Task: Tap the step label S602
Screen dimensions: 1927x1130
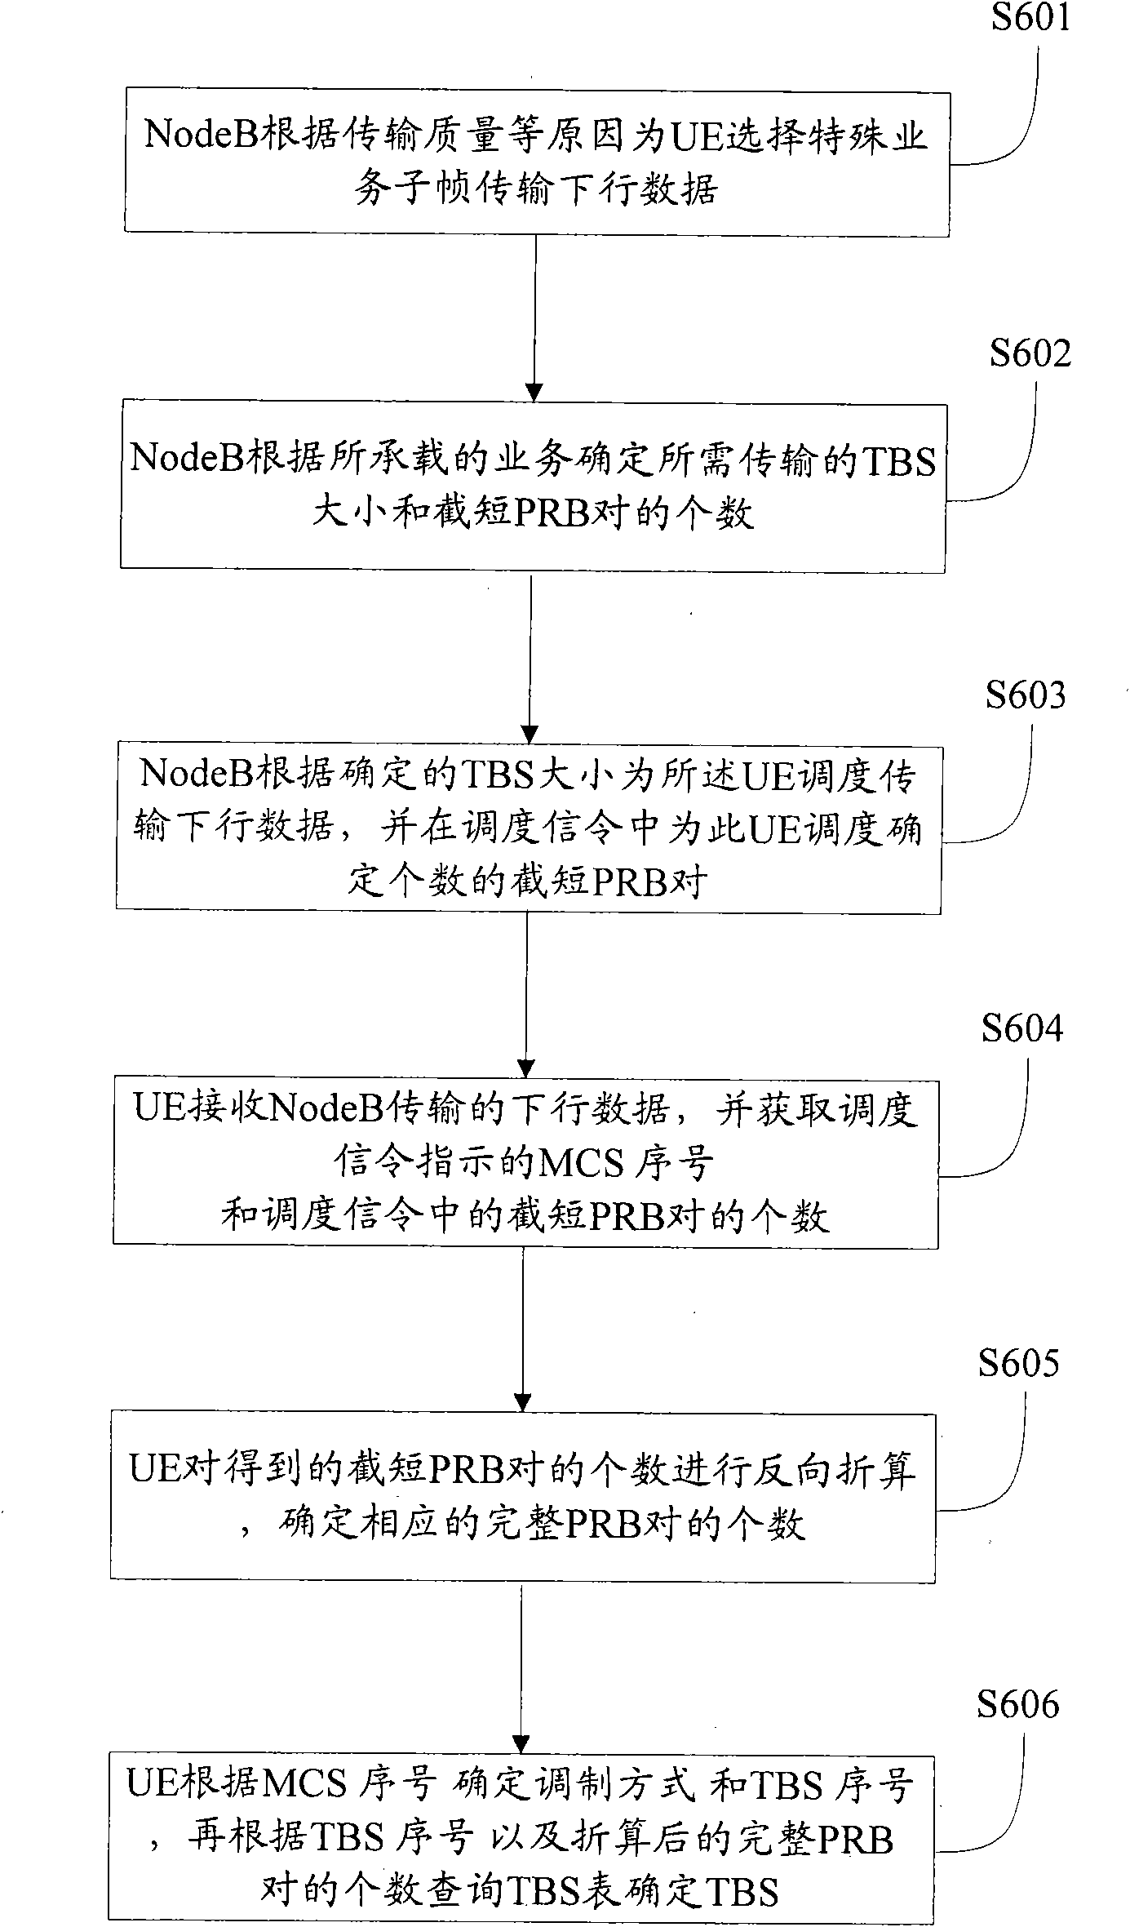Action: pyautogui.click(x=1030, y=353)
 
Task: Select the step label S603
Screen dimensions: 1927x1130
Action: pyautogui.click(x=1025, y=695)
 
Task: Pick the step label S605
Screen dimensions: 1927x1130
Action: pyautogui.click(x=1018, y=1363)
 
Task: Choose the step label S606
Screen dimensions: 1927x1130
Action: pyautogui.click(x=1017, y=1705)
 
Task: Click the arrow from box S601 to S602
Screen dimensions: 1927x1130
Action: pyautogui.click(x=534, y=318)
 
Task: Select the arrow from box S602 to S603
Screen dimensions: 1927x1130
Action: pyautogui.click(x=530, y=657)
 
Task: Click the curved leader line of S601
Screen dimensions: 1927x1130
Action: pyautogui.click(x=1016, y=122)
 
